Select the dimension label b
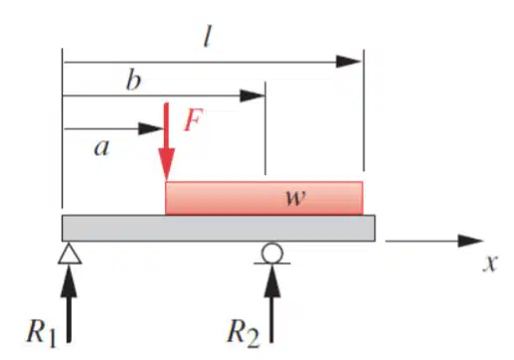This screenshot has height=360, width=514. [133, 81]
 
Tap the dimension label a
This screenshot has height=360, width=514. [101, 148]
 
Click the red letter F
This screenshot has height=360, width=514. [193, 120]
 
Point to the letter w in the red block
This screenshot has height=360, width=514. [296, 198]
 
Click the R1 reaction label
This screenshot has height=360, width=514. [42, 332]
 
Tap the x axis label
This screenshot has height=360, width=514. [490, 264]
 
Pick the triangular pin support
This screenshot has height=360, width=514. [70, 253]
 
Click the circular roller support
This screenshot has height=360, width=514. [272, 253]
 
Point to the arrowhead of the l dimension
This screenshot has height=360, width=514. [348, 62]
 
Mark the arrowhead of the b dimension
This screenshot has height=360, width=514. [253, 95]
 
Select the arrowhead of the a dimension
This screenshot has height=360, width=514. [151, 128]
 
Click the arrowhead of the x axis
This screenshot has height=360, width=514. [470, 241]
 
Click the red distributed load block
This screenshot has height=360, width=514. [264, 198]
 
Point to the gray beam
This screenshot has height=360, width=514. [219, 228]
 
